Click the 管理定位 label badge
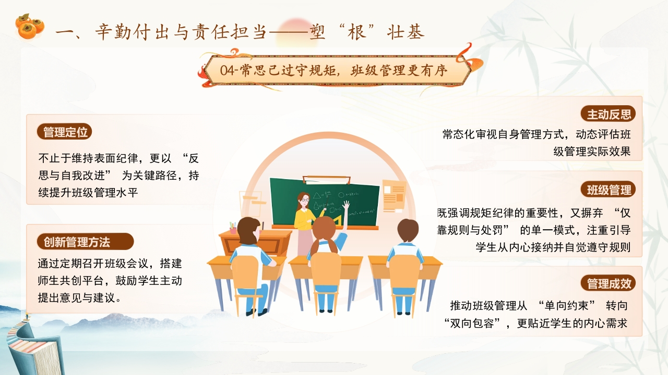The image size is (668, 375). coord(64,132)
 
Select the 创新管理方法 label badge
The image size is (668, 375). coord(85,242)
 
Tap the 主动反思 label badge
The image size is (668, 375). coord(608,114)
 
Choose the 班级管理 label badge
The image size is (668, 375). coord(608,189)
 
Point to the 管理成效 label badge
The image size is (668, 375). coord(608,283)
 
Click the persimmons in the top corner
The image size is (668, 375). coord(30,27)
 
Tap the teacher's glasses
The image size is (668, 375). coord(304,199)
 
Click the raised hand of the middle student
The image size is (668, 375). coord(346,205)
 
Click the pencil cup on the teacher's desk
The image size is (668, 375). coord(233,228)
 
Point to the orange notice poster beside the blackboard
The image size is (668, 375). coord(394,196)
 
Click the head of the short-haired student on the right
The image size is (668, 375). coord(408,231)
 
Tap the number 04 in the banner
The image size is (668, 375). coord(226,70)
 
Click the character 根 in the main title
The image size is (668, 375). coord(356,32)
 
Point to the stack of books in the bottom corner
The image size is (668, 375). coord(34,348)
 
